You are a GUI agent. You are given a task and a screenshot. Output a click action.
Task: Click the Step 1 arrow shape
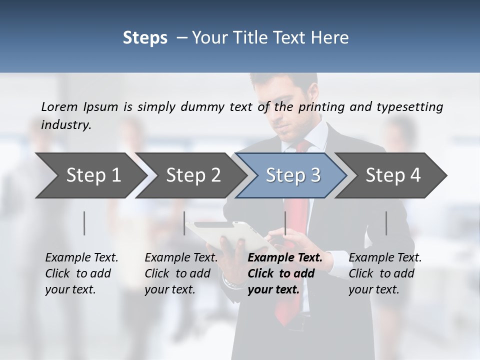[90, 175]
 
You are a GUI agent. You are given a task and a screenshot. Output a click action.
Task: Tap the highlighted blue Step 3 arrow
[292, 175]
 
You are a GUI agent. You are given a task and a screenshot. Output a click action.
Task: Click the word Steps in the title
[145, 38]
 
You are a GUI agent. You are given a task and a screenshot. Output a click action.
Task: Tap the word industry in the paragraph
[65, 125]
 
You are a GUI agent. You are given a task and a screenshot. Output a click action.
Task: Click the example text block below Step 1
[81, 273]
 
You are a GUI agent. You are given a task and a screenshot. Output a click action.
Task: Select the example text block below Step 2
[181, 273]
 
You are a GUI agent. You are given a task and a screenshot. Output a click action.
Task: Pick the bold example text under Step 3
[284, 273]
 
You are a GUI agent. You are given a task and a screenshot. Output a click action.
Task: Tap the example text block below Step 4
[385, 273]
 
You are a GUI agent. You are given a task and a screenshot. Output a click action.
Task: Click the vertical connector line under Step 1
[84, 223]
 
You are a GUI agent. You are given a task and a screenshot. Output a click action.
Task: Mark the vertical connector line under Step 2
[184, 223]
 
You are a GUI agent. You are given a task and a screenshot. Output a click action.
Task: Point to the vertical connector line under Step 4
[386, 223]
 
